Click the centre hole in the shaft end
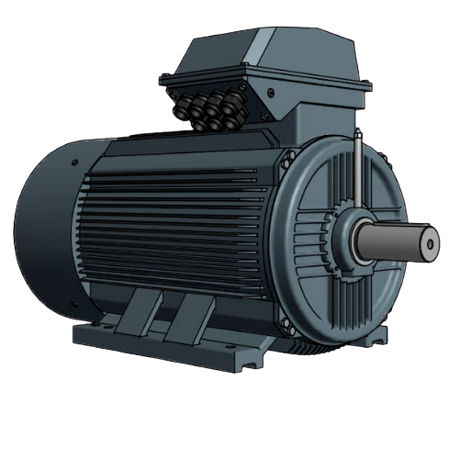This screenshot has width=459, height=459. (429, 243)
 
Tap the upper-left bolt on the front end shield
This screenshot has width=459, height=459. (286, 162)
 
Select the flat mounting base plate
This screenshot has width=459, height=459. (165, 344)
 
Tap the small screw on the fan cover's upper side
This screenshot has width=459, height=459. (73, 163)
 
